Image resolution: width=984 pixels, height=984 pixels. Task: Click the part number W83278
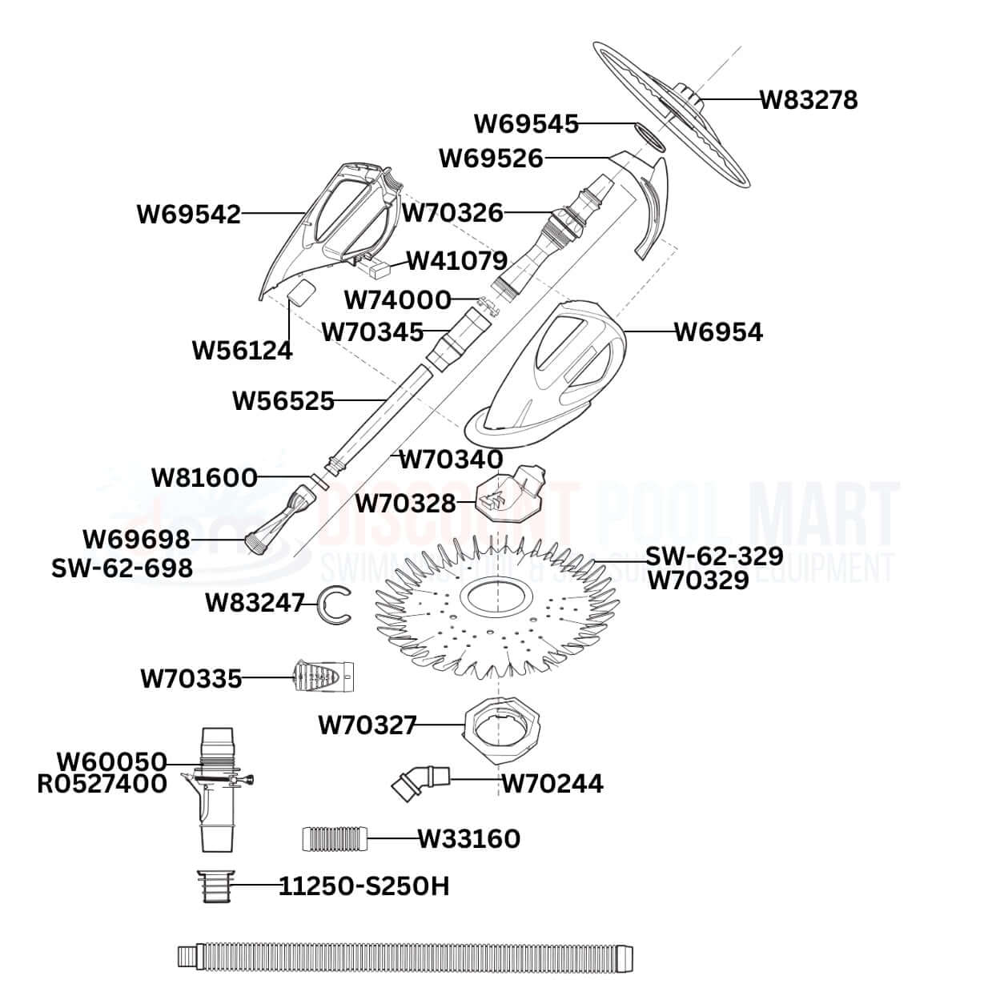(808, 100)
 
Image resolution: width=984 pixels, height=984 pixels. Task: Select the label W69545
(526, 124)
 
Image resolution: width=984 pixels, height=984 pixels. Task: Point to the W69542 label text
(189, 215)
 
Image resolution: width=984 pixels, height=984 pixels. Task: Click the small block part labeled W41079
(387, 266)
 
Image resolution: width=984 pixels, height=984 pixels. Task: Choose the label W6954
(718, 331)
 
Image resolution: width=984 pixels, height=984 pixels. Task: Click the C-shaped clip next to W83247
(333, 603)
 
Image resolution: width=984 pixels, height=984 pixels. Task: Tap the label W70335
(191, 679)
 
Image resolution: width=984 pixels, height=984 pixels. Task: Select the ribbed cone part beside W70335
(324, 677)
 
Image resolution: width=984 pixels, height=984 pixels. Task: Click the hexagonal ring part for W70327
(503, 725)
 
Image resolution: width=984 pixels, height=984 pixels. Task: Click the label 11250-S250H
(363, 886)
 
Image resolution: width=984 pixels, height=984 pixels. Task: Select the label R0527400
(102, 783)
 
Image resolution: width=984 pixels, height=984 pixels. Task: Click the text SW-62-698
(122, 568)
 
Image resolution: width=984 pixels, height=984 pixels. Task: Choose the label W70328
(405, 504)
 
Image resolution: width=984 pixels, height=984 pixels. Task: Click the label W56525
(283, 400)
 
